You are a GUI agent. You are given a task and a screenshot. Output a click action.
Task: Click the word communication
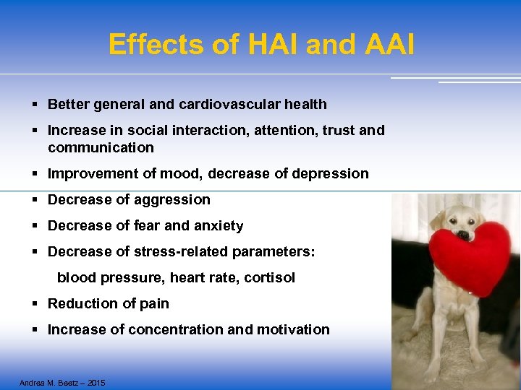(101, 147)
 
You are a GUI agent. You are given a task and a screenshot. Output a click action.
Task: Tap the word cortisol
(270, 277)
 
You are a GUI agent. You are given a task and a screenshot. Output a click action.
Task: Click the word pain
(154, 303)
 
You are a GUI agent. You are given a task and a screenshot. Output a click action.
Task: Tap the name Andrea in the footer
(32, 383)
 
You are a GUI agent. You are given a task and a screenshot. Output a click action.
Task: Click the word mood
(171, 173)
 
